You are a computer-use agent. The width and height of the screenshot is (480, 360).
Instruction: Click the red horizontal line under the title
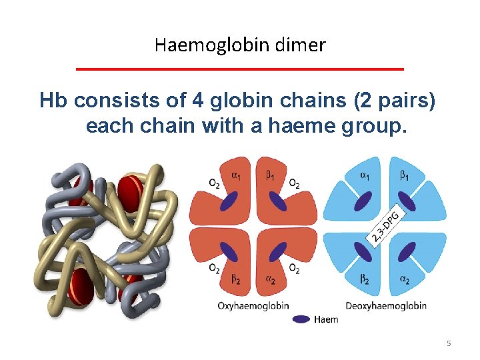pos(240,69)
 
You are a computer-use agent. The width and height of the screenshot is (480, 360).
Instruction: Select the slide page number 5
pos(449,343)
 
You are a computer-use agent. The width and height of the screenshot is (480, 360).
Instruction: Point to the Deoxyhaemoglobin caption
pos(386,306)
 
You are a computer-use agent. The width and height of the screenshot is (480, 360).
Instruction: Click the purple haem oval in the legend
pos(302,319)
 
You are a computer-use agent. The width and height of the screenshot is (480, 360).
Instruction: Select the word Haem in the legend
pos(326,319)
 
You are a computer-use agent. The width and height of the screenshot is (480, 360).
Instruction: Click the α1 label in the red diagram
pos(235,174)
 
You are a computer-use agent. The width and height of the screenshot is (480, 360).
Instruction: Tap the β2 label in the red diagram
pos(235,281)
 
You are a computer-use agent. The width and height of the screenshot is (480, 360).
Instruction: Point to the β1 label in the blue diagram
pos(404,175)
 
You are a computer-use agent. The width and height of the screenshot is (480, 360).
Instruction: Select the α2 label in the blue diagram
pos(404,281)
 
